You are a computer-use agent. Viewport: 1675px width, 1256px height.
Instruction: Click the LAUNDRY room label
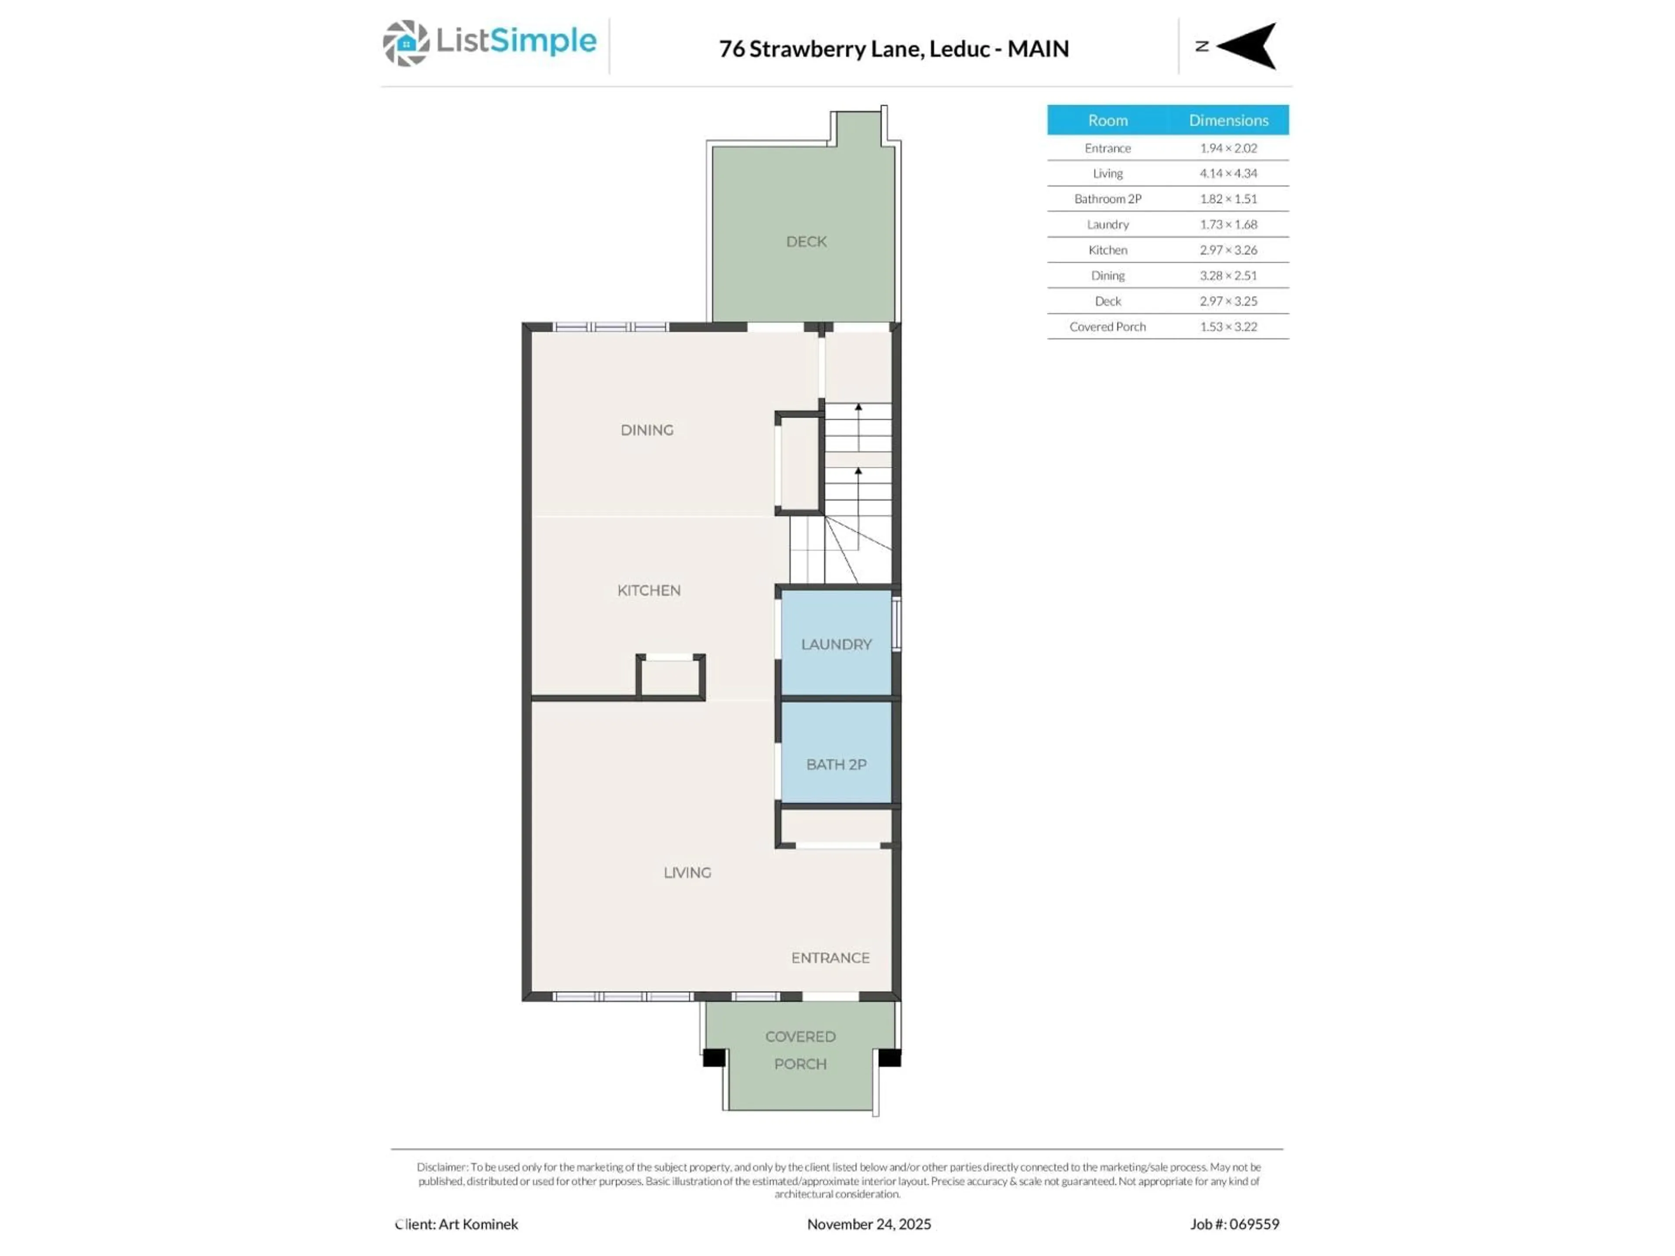click(836, 644)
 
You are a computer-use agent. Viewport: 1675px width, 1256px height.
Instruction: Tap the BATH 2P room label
click(836, 765)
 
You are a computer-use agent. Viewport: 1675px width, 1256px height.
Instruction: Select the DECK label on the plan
click(806, 242)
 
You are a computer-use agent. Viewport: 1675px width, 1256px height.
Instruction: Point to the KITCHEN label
click(649, 590)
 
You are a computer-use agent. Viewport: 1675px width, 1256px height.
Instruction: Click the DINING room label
click(647, 430)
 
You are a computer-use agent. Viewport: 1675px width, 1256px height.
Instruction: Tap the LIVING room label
click(687, 873)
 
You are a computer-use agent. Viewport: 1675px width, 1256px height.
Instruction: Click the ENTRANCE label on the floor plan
click(830, 958)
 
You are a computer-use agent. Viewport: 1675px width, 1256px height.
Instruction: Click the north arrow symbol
click(1248, 46)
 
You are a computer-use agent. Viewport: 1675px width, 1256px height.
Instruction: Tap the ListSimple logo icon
click(406, 43)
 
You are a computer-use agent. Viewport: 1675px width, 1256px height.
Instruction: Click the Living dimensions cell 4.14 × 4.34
click(1227, 174)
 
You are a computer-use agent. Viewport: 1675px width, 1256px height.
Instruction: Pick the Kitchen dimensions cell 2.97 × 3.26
click(1227, 250)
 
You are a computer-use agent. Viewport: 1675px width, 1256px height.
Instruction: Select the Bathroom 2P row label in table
click(1107, 199)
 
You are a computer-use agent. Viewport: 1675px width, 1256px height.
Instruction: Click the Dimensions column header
click(1227, 120)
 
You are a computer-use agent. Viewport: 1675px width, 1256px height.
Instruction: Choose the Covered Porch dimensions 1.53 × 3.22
click(1227, 327)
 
